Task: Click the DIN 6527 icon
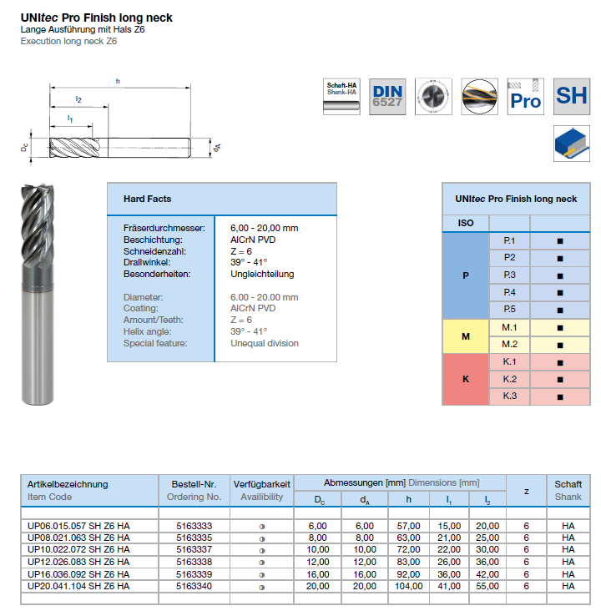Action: click(387, 96)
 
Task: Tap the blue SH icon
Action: click(572, 96)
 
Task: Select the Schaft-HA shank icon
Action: click(341, 96)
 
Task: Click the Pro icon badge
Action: click(526, 96)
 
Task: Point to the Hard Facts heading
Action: click(147, 199)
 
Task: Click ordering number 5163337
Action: click(194, 550)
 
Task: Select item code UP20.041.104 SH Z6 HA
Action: click(78, 586)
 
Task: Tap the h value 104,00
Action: click(408, 586)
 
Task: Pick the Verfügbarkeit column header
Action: click(262, 484)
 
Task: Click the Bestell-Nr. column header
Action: click(194, 484)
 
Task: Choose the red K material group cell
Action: click(466, 379)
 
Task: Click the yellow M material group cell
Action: click(466, 336)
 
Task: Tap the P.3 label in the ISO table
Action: click(510, 275)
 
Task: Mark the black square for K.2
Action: click(560, 379)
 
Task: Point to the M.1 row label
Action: click(510, 327)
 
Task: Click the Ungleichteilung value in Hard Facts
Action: click(262, 274)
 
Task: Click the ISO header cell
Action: click(466, 224)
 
